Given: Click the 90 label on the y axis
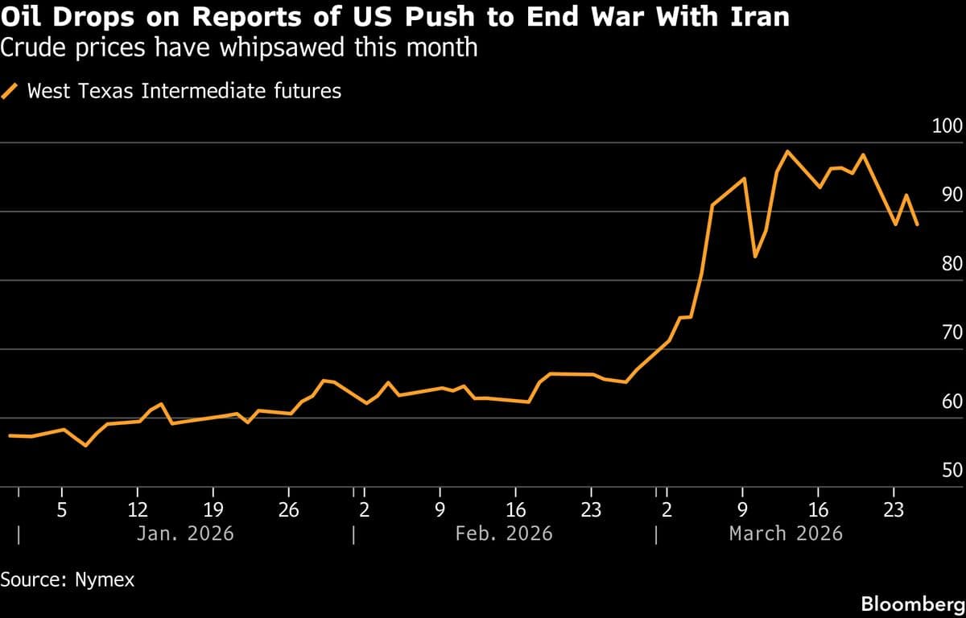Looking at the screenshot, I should pyautogui.click(x=952, y=195).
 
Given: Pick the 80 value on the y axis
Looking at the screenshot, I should pyautogui.click(x=952, y=264).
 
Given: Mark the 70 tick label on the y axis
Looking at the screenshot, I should pyautogui.click(x=952, y=332).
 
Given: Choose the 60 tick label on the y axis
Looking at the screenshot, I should pyautogui.click(x=952, y=402).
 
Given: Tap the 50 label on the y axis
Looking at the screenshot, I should pyautogui.click(x=952, y=470).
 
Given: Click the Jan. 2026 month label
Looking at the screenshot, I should pyautogui.click(x=185, y=533).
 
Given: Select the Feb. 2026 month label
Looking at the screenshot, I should pyautogui.click(x=504, y=533).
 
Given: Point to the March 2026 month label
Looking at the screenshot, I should pyautogui.click(x=786, y=533).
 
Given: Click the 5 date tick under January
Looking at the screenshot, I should pyautogui.click(x=62, y=509).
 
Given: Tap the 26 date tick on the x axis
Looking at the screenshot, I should pyautogui.click(x=289, y=509).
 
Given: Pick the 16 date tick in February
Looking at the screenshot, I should pyautogui.click(x=516, y=509).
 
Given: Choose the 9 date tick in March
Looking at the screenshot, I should pyautogui.click(x=742, y=509).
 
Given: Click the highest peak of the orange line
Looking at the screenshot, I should pyautogui.click(x=786, y=151).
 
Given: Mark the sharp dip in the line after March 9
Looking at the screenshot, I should pyautogui.click(x=754, y=256).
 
